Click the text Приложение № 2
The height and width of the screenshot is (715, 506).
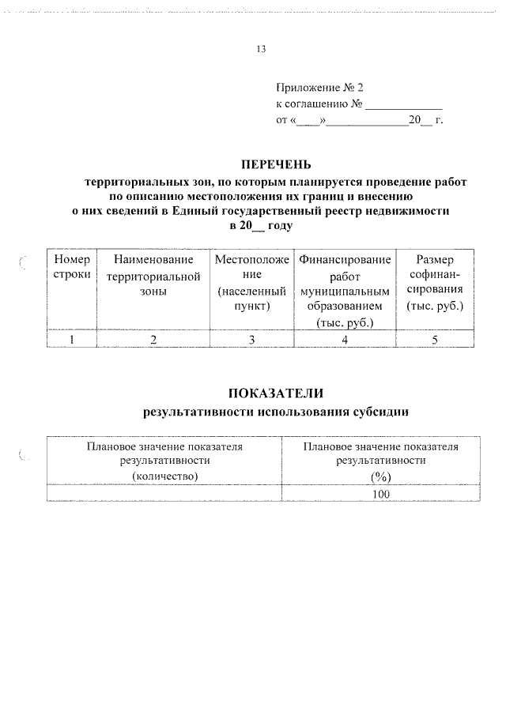[319, 88]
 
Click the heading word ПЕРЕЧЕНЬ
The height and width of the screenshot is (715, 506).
[260, 165]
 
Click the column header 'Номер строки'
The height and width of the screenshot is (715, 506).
[72, 267]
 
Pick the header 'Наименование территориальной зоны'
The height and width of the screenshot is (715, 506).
[153, 275]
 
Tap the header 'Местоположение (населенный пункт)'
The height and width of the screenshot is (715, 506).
[251, 282]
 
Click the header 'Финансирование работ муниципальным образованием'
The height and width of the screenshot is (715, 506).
[345, 290]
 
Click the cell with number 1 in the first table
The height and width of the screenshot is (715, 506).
[72, 339]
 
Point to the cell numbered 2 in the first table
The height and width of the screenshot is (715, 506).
[153, 339]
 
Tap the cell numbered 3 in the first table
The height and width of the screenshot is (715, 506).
[251, 339]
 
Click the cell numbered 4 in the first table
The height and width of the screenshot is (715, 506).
[345, 339]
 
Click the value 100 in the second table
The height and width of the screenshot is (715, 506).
[381, 494]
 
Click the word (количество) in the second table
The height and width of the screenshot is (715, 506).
[164, 475]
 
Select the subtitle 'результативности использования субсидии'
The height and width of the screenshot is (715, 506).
[276, 412]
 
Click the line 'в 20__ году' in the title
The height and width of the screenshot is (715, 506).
[261, 226]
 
